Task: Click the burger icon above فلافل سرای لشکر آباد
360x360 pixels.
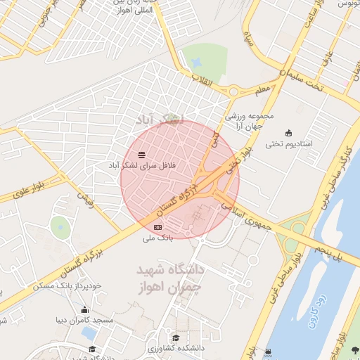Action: coord(142,154)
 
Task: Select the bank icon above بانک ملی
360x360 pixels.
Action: coord(157,227)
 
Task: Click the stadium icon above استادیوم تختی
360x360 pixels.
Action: coord(288,133)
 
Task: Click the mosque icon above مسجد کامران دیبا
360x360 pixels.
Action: coord(85,310)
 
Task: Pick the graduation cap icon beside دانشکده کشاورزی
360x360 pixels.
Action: coord(175,337)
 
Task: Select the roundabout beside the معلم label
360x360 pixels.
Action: coord(232,90)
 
